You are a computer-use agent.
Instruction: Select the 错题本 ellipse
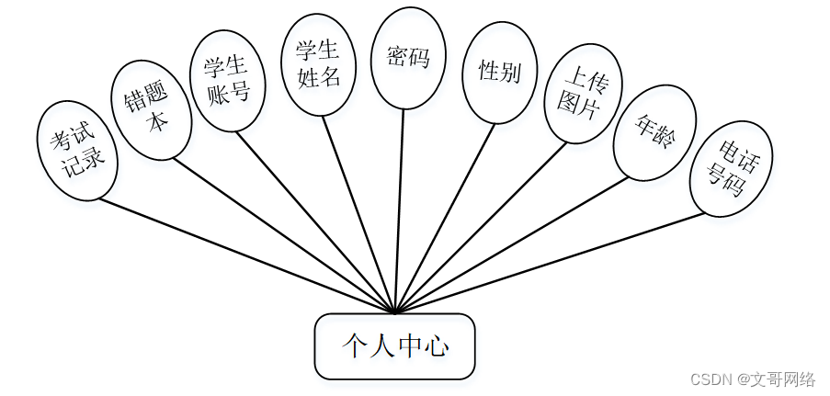[151, 109]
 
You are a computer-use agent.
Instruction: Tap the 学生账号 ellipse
[227, 81]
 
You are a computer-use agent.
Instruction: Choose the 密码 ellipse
[408, 58]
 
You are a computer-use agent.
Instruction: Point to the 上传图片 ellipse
[583, 93]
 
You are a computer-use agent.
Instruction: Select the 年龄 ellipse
[655, 132]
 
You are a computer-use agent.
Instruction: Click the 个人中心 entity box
[394, 346]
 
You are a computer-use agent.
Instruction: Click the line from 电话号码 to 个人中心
[551, 263]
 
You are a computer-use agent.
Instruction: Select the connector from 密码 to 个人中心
[399, 211]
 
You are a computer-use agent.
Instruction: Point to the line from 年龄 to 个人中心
[515, 243]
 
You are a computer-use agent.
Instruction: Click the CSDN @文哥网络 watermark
[753, 379]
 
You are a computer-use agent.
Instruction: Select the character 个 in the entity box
[354, 346]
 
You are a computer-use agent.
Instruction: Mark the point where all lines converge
[394, 312]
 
